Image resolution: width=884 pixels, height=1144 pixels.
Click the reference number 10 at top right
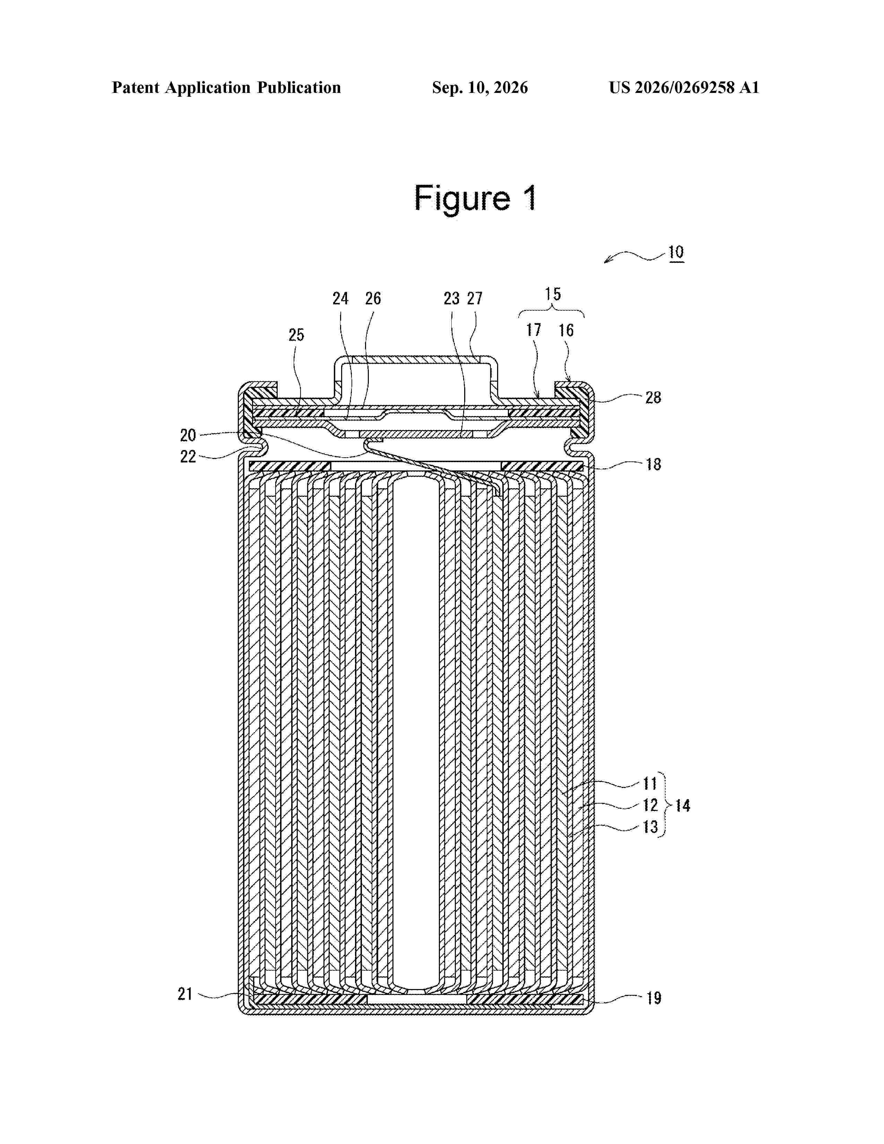click(676, 252)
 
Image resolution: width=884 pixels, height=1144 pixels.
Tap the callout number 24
click(340, 298)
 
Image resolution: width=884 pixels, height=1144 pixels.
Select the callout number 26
click(373, 298)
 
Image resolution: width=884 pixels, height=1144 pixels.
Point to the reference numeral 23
click(451, 298)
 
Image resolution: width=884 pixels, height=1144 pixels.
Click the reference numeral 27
click(475, 298)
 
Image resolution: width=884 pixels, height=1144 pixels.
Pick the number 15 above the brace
click(553, 294)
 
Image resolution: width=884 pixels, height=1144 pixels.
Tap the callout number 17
click(533, 330)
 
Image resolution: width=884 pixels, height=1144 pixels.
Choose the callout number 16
click(566, 330)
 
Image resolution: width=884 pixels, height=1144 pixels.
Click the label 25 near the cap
click(296, 335)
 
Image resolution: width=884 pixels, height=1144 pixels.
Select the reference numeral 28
click(653, 398)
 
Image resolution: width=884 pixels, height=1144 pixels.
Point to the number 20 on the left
click(188, 435)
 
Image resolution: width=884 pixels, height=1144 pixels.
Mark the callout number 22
click(188, 457)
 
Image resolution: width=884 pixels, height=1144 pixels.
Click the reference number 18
click(653, 464)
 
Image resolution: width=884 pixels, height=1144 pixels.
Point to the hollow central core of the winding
click(416, 733)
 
